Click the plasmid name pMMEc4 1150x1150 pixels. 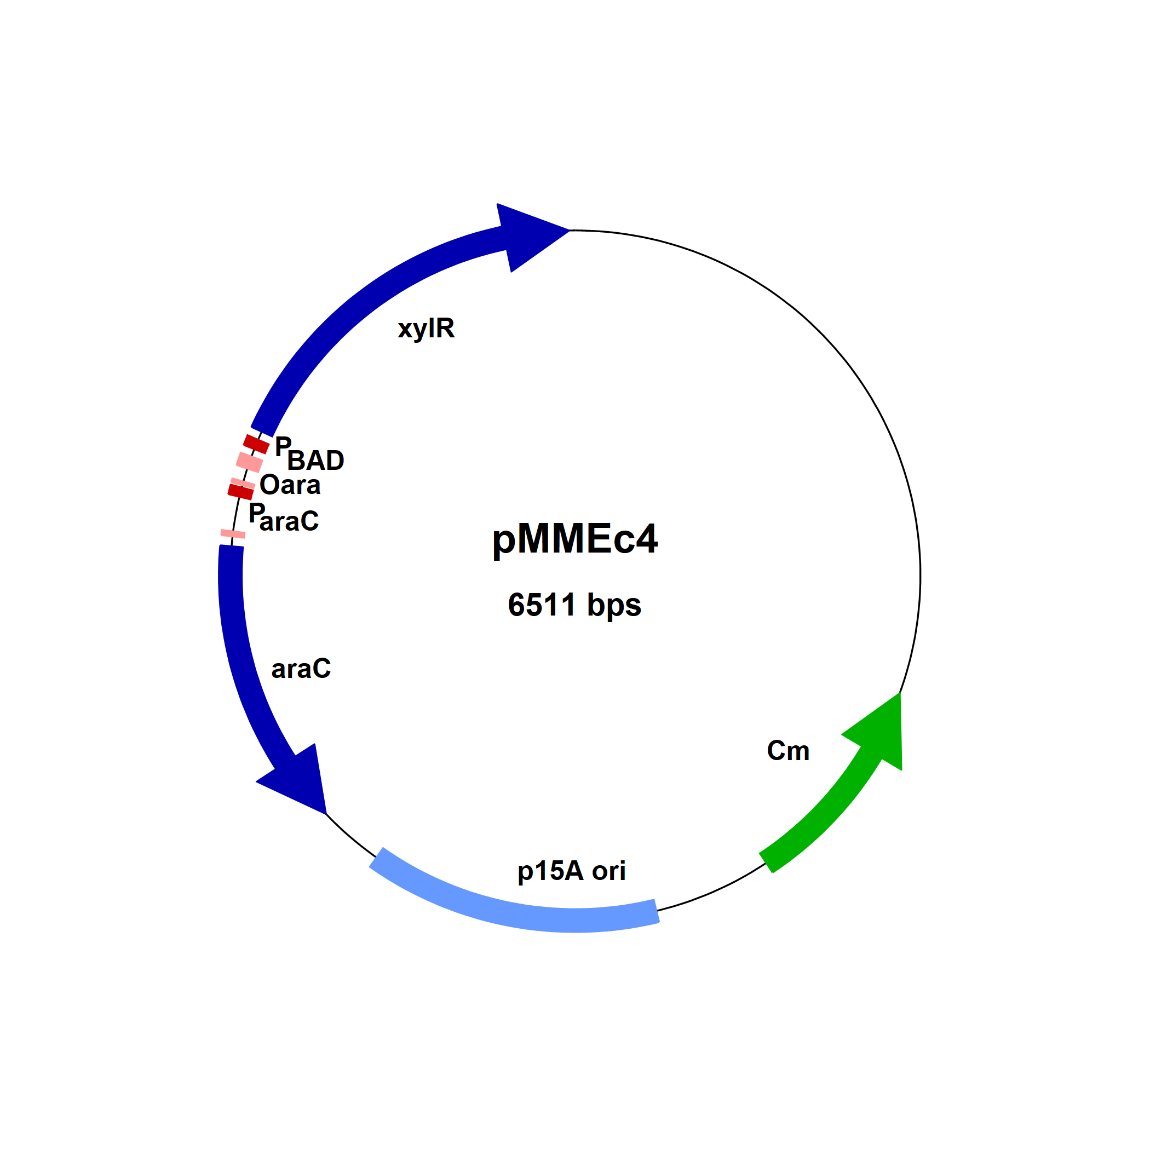point(574,539)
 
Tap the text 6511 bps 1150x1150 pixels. point(574,605)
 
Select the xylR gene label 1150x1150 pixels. point(426,329)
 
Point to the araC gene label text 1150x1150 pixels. point(301,669)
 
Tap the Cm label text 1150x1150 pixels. point(788,751)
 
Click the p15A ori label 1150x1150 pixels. point(571,871)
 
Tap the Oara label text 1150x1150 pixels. point(290,485)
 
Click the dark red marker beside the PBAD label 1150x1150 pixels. point(256,444)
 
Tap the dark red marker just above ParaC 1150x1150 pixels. point(241,492)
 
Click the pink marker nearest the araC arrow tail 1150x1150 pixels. point(233,534)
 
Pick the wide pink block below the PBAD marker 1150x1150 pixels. point(249,462)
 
